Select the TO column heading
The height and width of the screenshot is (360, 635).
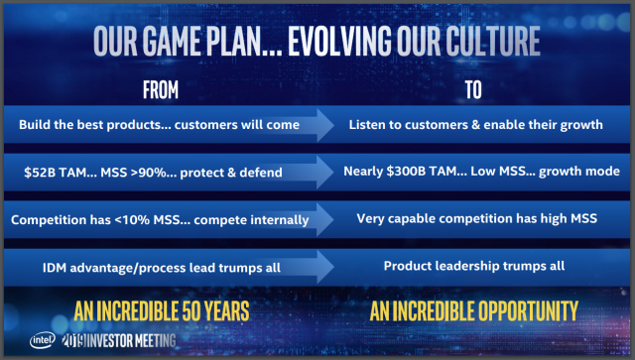(x=472, y=90)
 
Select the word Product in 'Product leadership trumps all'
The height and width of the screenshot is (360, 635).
(x=408, y=266)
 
